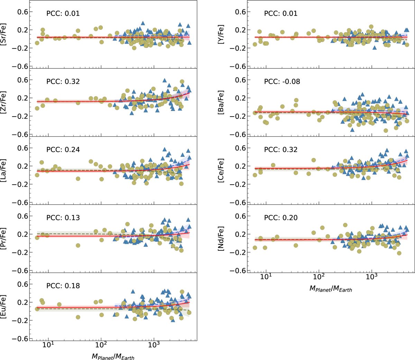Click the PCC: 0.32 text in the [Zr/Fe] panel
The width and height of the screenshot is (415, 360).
pyautogui.click(x=63, y=82)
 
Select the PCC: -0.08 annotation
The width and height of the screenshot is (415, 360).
pyautogui.click(x=282, y=82)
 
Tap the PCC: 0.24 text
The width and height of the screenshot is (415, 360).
pyautogui.click(x=63, y=150)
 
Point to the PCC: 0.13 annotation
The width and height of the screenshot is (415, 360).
pyautogui.click(x=63, y=218)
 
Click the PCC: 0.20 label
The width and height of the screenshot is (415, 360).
pyautogui.click(x=280, y=218)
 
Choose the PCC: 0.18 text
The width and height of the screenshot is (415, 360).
pyautogui.click(x=63, y=286)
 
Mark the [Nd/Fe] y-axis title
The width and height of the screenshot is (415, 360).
pyautogui.click(x=221, y=238)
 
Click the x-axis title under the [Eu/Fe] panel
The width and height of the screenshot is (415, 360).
pyautogui.click(x=113, y=356)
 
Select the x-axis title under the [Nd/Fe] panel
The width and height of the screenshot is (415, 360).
pyautogui.click(x=330, y=288)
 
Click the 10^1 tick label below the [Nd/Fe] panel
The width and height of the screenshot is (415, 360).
pyautogui.click(x=266, y=277)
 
